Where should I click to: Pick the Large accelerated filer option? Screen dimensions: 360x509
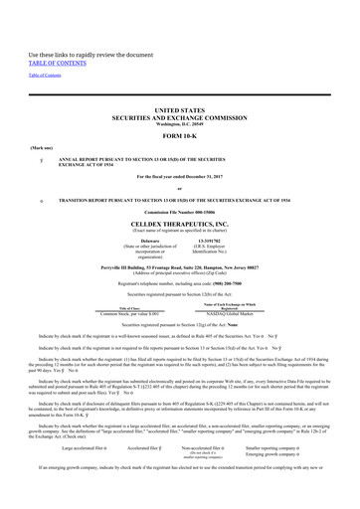[x=80, y=475]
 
